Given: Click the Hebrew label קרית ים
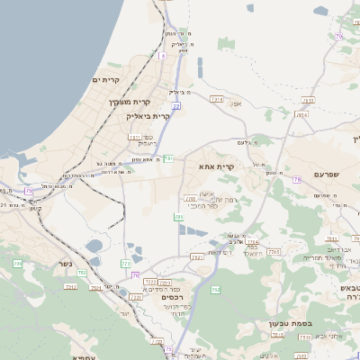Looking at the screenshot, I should (x=107, y=80).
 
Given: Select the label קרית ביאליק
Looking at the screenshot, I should (x=149, y=116).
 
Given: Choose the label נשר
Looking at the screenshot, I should (x=65, y=265).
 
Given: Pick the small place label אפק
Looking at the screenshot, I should (x=238, y=104).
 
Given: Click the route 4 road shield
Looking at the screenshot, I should (x=163, y=56).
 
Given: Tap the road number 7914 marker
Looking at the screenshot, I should (x=216, y=99).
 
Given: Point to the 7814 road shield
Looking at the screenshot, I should (x=301, y=115).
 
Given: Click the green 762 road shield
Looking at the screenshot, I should (x=215, y=290).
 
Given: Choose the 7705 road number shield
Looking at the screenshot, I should (x=273, y=252).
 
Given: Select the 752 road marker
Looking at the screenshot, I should (x=81, y=272).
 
